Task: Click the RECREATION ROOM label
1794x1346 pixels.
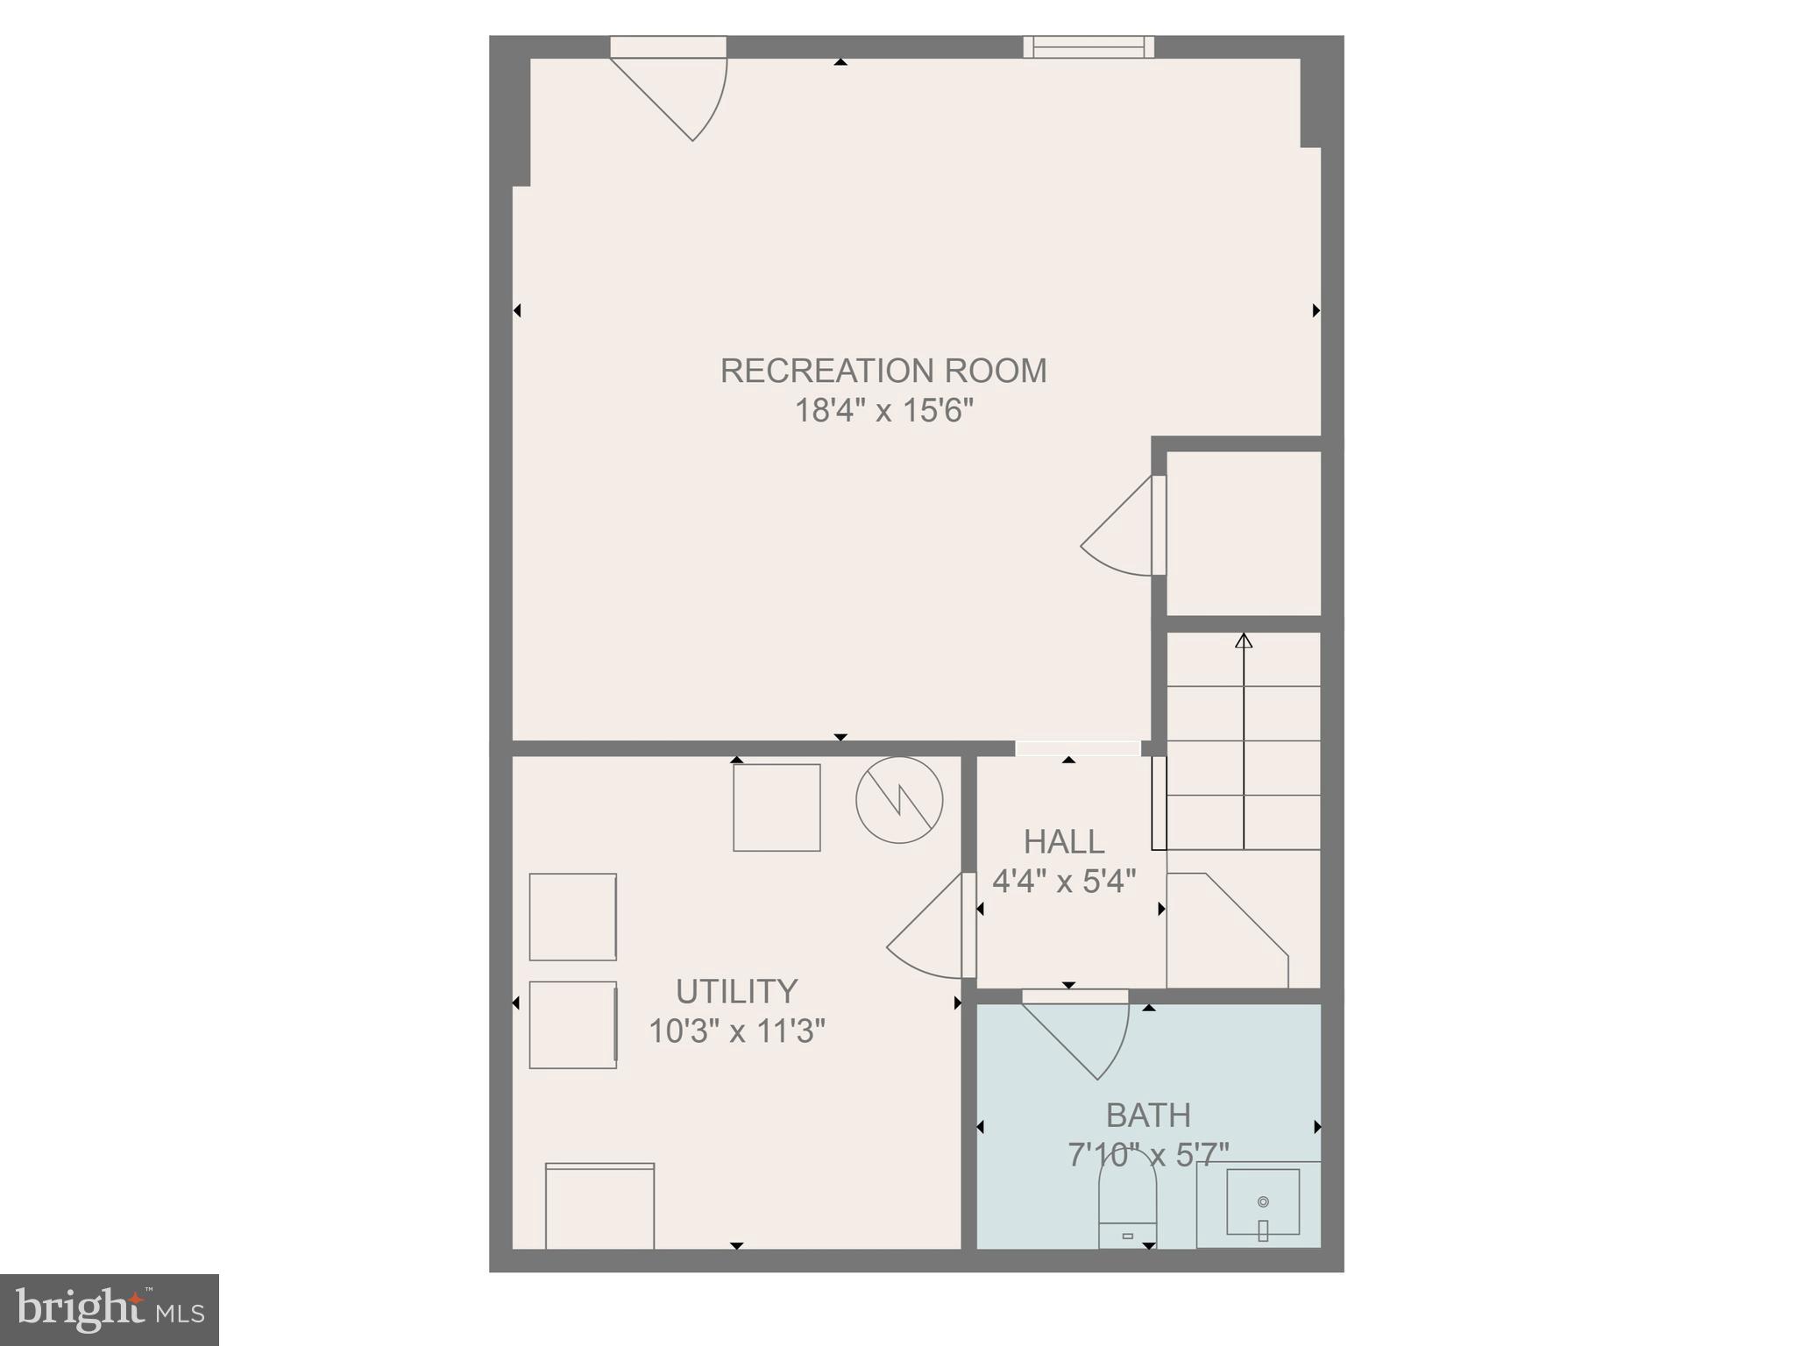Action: [883, 372]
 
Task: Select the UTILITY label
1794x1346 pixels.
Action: [736, 992]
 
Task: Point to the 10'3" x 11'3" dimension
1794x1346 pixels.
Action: [736, 1031]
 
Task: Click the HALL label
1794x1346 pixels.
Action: [1064, 842]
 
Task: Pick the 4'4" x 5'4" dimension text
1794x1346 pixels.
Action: [1064, 881]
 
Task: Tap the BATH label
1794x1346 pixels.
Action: [1148, 1116]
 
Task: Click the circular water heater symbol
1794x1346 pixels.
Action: [899, 800]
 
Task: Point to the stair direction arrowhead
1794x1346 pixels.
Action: [1244, 641]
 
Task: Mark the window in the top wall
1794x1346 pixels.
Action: [1088, 46]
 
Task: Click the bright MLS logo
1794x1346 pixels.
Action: [110, 1310]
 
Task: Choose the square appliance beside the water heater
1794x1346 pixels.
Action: [776, 808]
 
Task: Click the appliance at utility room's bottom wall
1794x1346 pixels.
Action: [599, 1206]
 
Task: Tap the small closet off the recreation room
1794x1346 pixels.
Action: [1244, 533]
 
